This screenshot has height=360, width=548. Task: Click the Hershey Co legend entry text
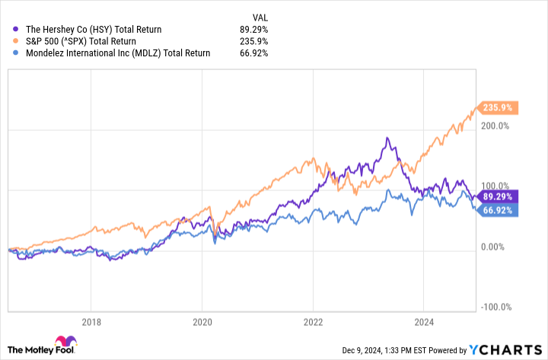pyautogui.click(x=94, y=30)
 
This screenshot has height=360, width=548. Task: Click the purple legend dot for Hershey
pyautogui.click(x=17, y=30)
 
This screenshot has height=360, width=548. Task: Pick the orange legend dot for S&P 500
pyautogui.click(x=17, y=41)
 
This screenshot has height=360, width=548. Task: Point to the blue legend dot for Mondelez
pyautogui.click(x=17, y=53)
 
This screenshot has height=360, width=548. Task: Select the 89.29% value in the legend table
pyautogui.click(x=253, y=30)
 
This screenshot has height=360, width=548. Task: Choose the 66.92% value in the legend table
pyautogui.click(x=253, y=53)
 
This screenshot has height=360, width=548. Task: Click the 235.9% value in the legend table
pyautogui.click(x=253, y=41)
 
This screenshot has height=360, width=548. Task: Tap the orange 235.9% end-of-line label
pyautogui.click(x=497, y=108)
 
